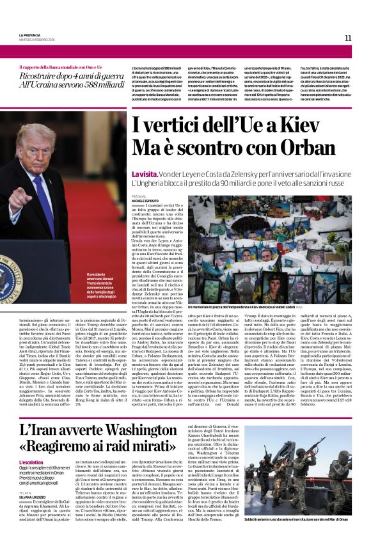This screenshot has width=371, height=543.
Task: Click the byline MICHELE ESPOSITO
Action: pyautogui.click(x=146, y=201)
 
